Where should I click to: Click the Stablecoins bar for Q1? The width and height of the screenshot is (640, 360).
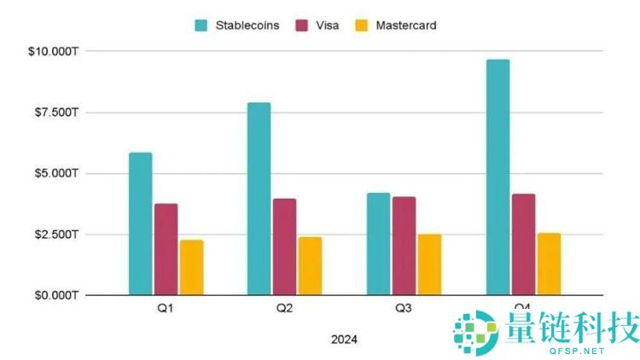(140, 224)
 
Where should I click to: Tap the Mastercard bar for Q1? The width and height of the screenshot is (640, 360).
(191, 267)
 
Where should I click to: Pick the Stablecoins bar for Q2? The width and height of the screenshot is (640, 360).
(259, 199)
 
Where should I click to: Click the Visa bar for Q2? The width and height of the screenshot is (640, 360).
(284, 247)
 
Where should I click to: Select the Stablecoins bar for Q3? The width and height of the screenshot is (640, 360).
(378, 244)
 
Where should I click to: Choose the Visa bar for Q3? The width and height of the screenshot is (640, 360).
(404, 246)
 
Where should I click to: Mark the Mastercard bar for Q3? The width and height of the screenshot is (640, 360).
(429, 264)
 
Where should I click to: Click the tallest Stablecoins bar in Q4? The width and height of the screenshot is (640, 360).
(497, 177)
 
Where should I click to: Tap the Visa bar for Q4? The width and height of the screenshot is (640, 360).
(523, 244)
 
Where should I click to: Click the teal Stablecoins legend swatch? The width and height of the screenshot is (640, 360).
(202, 26)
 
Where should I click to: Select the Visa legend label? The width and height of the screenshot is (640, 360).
(328, 26)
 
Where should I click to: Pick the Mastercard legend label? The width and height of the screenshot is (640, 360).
(406, 26)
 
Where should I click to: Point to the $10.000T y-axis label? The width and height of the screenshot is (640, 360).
(54, 52)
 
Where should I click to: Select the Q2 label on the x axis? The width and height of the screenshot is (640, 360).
(284, 308)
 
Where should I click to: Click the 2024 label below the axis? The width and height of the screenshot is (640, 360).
(344, 339)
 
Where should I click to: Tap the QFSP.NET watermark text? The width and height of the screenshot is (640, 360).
(569, 350)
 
